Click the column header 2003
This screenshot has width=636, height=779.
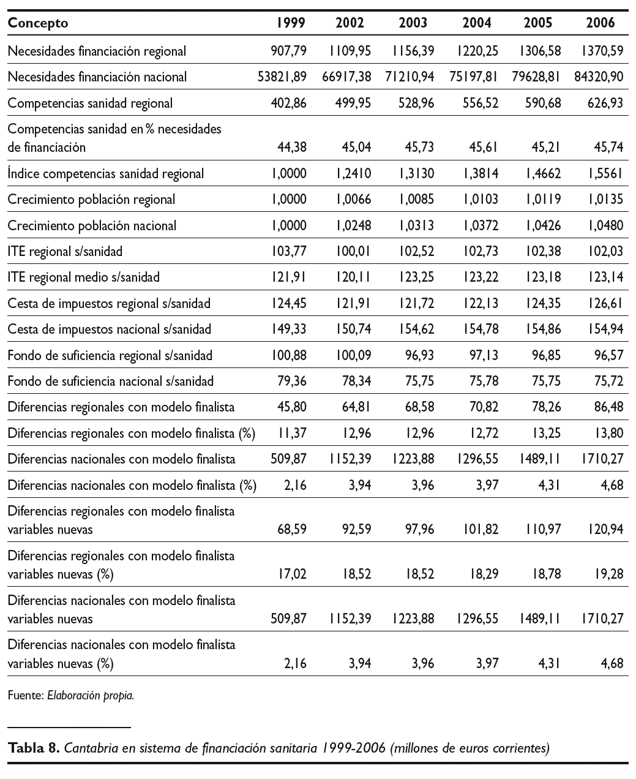pos(413,23)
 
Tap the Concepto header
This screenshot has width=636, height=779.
pos(38,23)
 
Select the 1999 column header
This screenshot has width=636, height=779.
pos(290,23)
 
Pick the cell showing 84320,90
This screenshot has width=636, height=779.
pos(599,77)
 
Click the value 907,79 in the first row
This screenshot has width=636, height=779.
pos(288,51)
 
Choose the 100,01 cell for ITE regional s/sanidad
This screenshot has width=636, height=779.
pos(353,251)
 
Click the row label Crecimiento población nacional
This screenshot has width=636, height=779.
pos(92,225)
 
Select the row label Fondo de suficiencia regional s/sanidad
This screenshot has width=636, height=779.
pos(110,355)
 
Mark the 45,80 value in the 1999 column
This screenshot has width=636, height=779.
pos(291,407)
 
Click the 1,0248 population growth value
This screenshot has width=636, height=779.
pos(353,225)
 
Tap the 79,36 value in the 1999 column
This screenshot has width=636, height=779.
pos(291,382)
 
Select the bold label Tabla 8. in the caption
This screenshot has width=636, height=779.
pos(33,748)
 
